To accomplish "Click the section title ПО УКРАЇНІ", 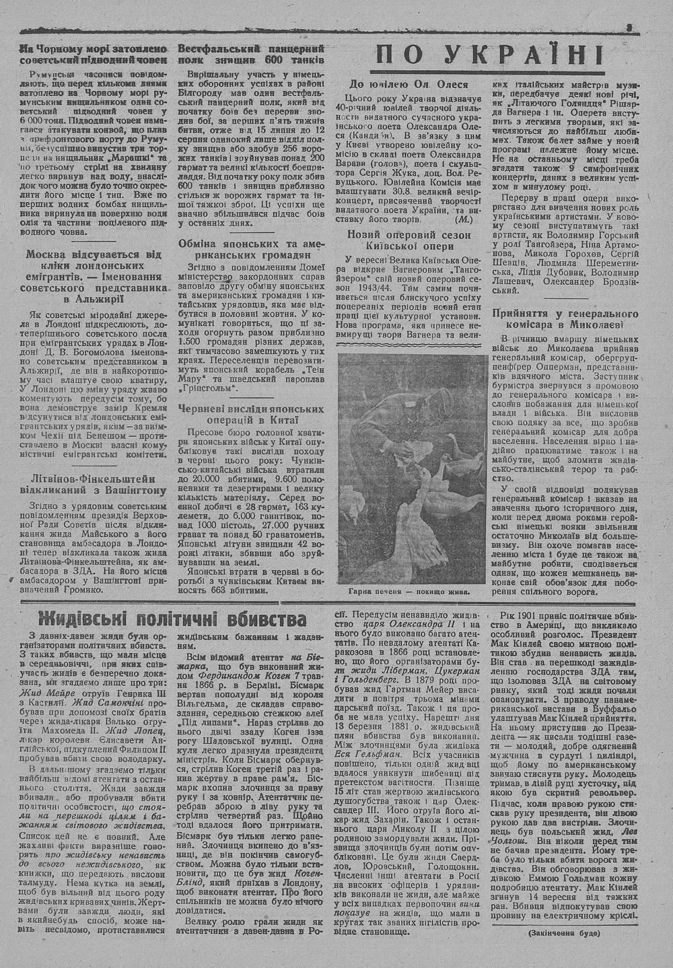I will point(489,55).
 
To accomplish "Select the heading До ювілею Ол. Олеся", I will point(409,84).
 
